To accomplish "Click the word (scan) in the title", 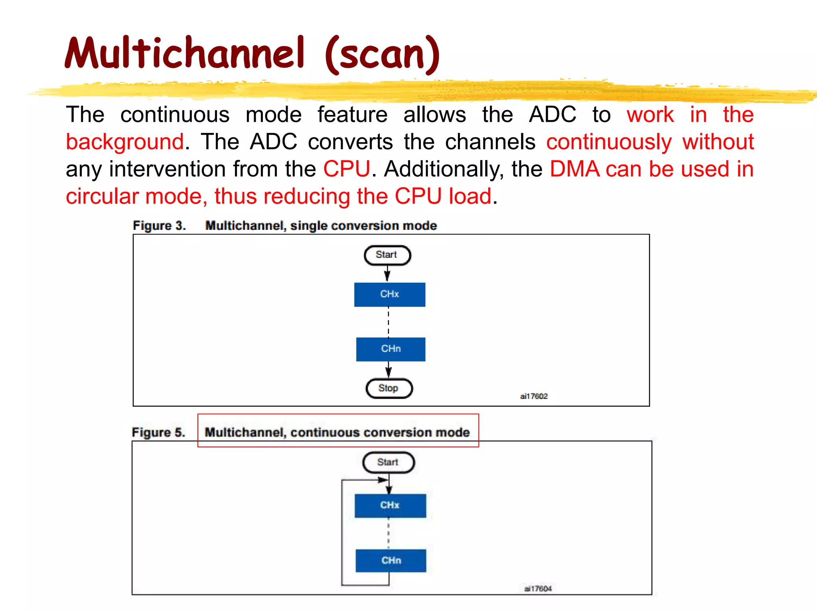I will click(382, 55).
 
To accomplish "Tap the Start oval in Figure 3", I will click(387, 255).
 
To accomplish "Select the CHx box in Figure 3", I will click(389, 295).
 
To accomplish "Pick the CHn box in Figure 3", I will click(391, 349).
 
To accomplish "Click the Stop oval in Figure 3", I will click(389, 388).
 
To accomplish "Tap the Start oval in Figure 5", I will click(388, 462).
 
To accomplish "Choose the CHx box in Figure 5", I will click(390, 506).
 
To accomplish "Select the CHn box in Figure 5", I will click(391, 561).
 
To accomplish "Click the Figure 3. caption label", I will click(159, 226).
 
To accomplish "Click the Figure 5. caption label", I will click(158, 433).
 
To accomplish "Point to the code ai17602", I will click(534, 396).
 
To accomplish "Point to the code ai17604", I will click(538, 589).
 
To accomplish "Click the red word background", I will click(125, 142).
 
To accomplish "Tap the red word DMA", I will click(574, 169).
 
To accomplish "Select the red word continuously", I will click(609, 142).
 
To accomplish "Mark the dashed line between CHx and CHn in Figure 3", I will click(389, 322).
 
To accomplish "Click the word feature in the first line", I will click(352, 115).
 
